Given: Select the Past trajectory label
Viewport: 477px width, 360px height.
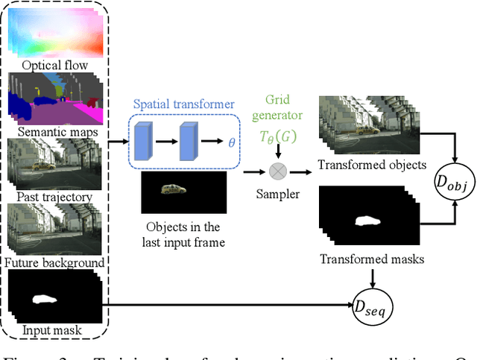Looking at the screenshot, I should (x=55, y=197).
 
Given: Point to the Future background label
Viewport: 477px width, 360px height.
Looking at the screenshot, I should (x=55, y=262).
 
